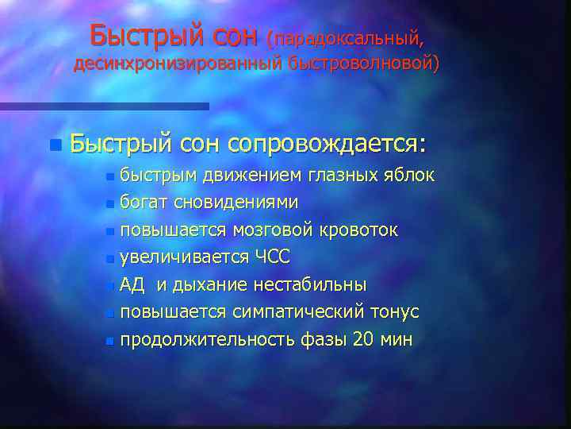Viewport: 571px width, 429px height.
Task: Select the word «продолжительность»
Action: (x=208, y=340)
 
